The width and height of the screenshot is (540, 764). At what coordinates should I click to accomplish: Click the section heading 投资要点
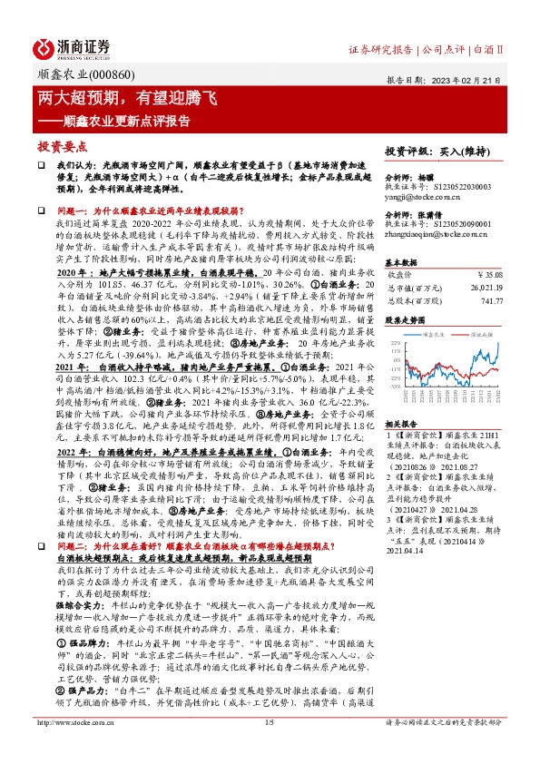[63, 145]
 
